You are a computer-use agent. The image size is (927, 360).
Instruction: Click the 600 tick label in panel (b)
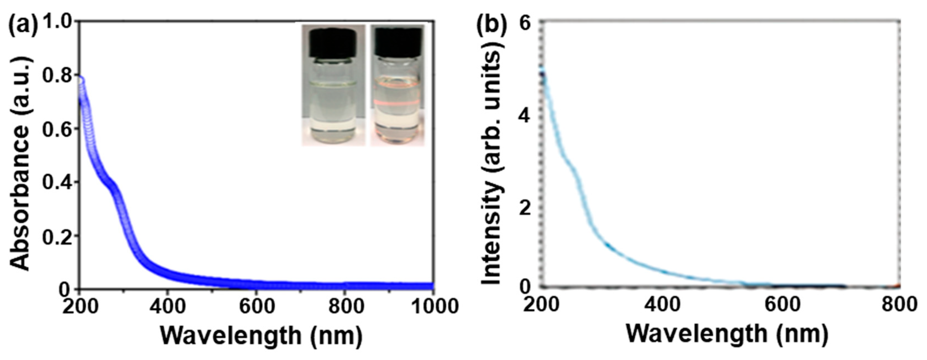[x=782, y=304]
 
